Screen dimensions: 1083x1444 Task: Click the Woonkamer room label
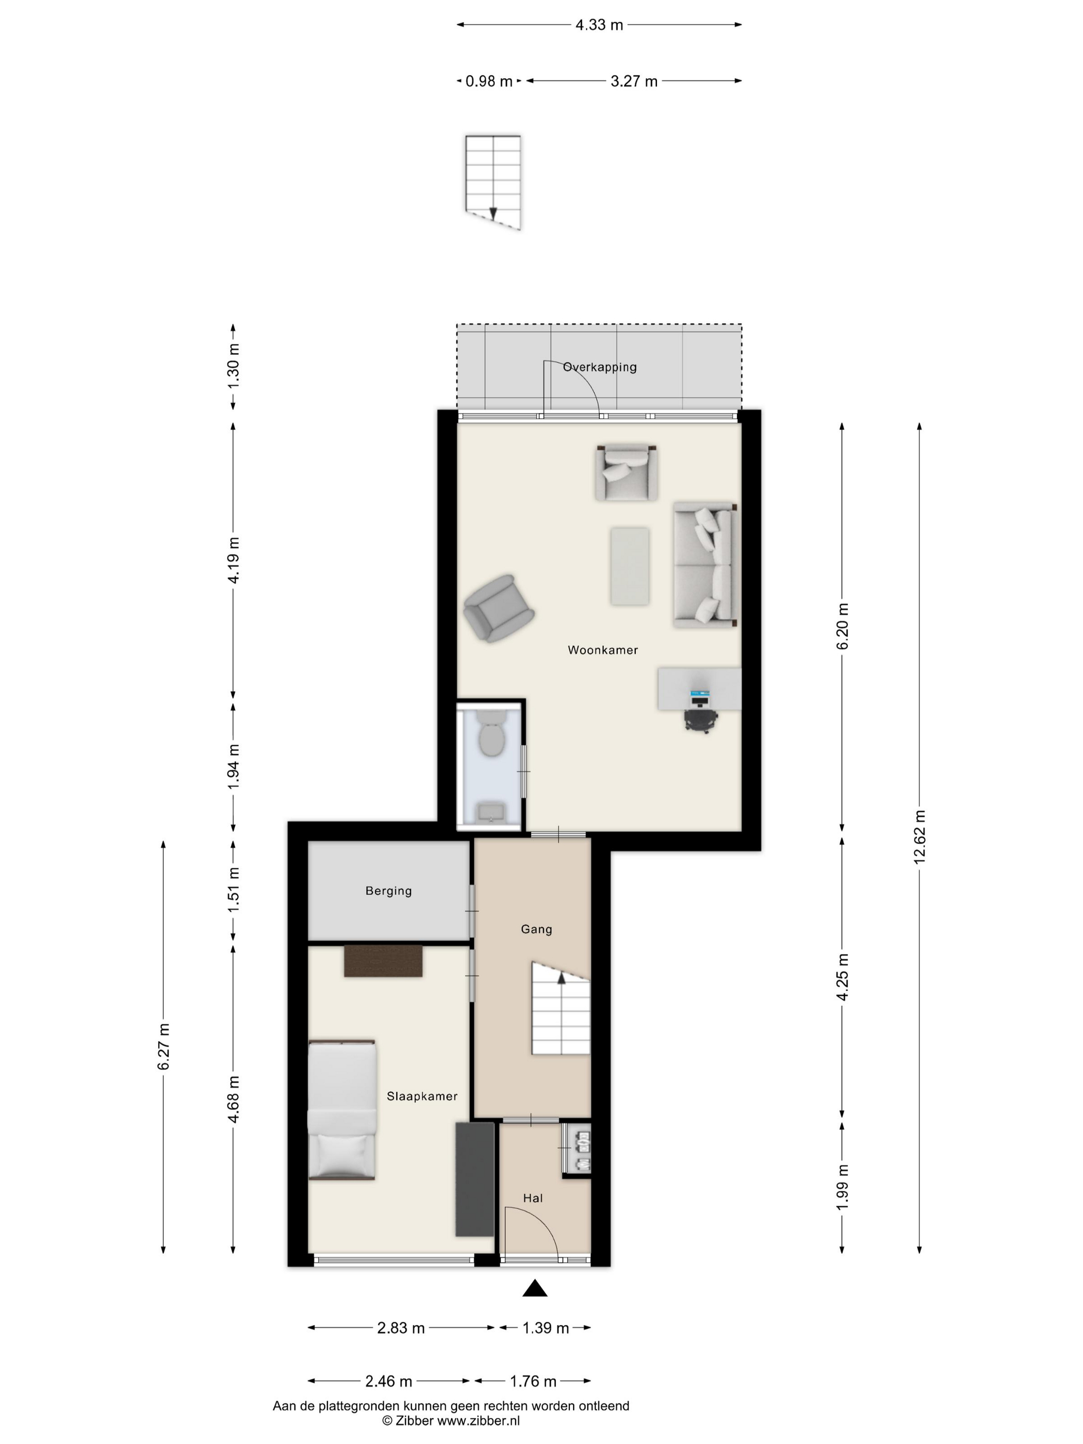(602, 649)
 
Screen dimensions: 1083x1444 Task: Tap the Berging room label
(388, 891)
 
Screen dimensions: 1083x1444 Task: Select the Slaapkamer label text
(422, 1096)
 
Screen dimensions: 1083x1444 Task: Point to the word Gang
(536, 929)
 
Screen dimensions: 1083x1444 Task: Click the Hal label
(533, 1198)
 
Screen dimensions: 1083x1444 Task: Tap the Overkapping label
(599, 367)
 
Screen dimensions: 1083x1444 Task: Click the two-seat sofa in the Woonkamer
(705, 565)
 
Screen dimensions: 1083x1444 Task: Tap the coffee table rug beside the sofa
(629, 566)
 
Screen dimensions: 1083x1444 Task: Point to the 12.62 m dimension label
(919, 837)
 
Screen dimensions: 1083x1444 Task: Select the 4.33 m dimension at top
(599, 25)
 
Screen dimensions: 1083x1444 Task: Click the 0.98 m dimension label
(488, 81)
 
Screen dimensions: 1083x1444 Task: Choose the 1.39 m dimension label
(545, 1328)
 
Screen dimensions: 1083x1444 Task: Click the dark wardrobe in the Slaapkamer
(474, 1179)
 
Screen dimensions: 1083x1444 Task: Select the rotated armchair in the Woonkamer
(499, 609)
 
